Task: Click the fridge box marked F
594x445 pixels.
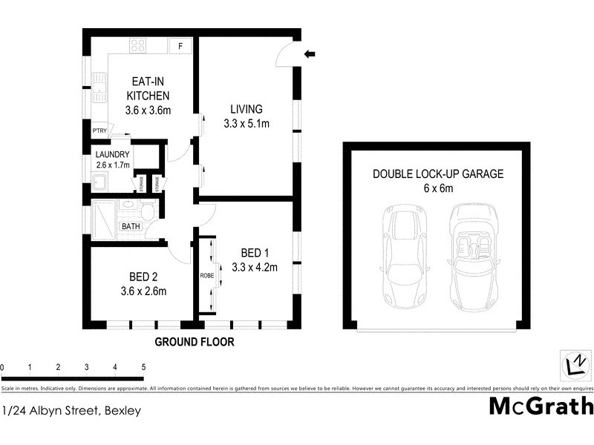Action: (x=180, y=47)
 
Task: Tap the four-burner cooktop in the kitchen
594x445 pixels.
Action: (x=138, y=46)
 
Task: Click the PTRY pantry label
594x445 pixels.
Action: (x=99, y=131)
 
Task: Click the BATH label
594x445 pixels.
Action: (x=131, y=227)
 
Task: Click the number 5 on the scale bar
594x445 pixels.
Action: (x=143, y=367)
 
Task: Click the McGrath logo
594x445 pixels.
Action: (x=541, y=406)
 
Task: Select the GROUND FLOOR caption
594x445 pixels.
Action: (x=194, y=343)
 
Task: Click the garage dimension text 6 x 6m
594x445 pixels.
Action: (x=438, y=188)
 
